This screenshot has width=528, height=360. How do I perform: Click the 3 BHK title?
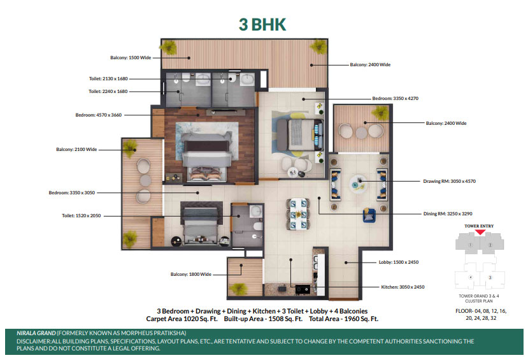(x=262, y=25)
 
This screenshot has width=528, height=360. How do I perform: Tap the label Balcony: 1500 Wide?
(x=131, y=57)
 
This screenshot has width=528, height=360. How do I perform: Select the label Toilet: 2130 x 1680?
(x=108, y=78)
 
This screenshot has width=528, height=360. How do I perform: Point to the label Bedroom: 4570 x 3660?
(x=98, y=115)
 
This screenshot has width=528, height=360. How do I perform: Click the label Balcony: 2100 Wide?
(x=76, y=149)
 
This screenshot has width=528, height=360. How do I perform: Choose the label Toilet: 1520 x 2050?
(x=81, y=215)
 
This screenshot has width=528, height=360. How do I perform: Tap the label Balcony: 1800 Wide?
(x=191, y=274)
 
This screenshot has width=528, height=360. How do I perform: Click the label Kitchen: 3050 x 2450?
(x=403, y=287)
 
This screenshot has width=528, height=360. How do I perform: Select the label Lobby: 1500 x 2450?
(x=399, y=262)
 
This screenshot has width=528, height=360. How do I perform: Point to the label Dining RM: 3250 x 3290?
(x=448, y=213)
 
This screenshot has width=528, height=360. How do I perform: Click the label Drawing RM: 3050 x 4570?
(x=450, y=181)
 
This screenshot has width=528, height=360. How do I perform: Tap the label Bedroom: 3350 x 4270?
(x=396, y=98)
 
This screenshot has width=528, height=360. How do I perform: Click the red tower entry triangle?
(x=480, y=232)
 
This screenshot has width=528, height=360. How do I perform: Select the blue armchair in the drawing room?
(x=369, y=215)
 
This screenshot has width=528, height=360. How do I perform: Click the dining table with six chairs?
(x=298, y=214)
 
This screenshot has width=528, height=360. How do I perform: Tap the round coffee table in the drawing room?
(x=359, y=184)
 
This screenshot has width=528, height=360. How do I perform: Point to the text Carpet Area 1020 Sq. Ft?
(x=182, y=319)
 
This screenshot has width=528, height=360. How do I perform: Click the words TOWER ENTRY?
(x=479, y=226)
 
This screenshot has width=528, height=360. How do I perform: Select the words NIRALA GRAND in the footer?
(x=36, y=333)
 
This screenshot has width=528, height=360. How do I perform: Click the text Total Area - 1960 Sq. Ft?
(x=344, y=319)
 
